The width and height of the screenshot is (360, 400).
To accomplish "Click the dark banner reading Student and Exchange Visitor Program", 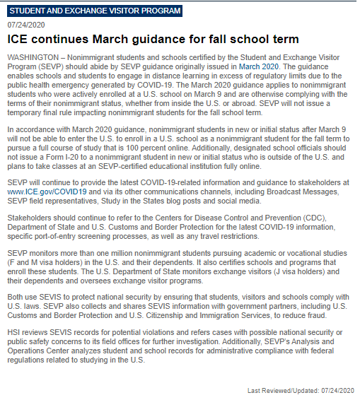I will [95, 11].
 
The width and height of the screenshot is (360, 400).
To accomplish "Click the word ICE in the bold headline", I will [19, 40].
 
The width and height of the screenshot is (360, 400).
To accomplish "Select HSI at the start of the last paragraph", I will [13, 332].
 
